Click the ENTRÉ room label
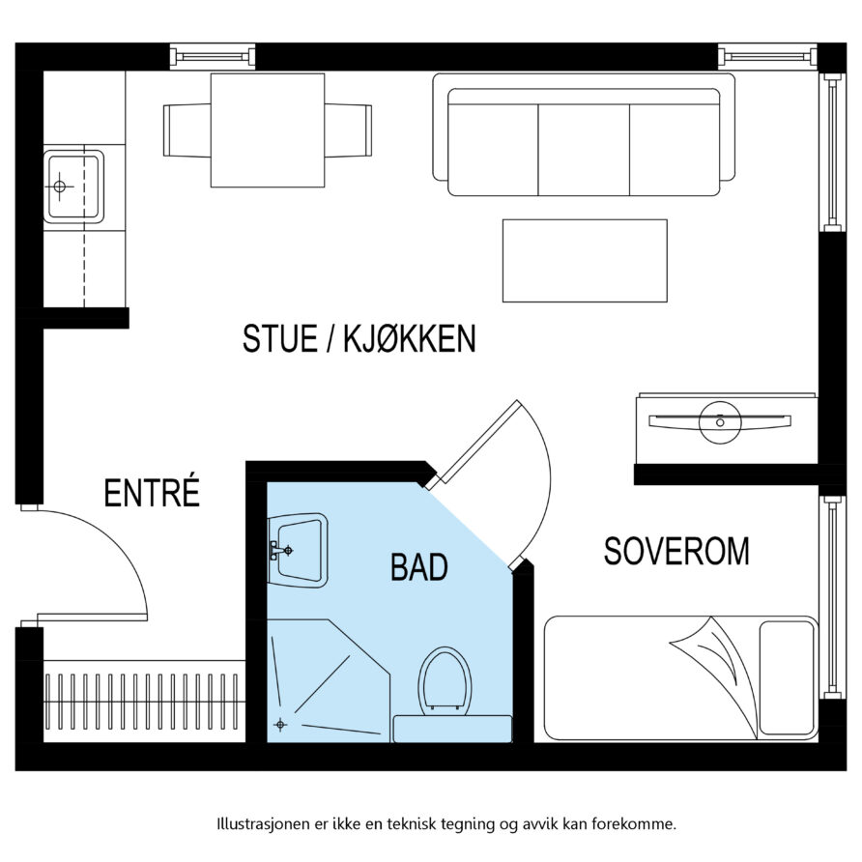click(152, 493)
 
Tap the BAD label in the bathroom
click(418, 567)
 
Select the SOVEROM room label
click(676, 551)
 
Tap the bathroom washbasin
click(300, 549)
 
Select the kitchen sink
click(73, 186)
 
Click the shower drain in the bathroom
click(280, 724)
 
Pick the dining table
click(267, 129)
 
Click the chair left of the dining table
click(186, 129)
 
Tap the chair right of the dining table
click(349, 129)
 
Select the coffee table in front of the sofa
click(584, 260)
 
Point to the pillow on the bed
click(787, 676)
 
